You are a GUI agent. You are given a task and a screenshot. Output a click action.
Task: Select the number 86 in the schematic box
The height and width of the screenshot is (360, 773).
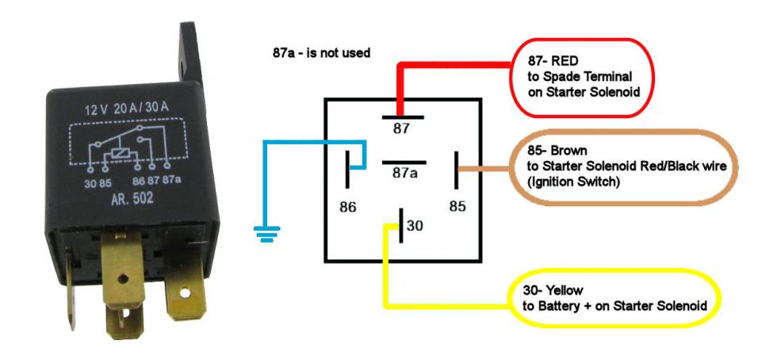[x=347, y=207]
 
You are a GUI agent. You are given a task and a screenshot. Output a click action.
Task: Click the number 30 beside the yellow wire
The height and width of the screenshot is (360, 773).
[x=415, y=227]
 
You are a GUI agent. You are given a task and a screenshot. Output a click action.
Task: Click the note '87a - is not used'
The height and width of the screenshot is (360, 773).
[x=321, y=53]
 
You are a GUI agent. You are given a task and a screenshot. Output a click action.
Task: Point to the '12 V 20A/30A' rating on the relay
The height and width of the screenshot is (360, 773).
[x=129, y=109]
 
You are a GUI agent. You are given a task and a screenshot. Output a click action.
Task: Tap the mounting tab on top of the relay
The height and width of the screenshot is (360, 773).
[x=190, y=56]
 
